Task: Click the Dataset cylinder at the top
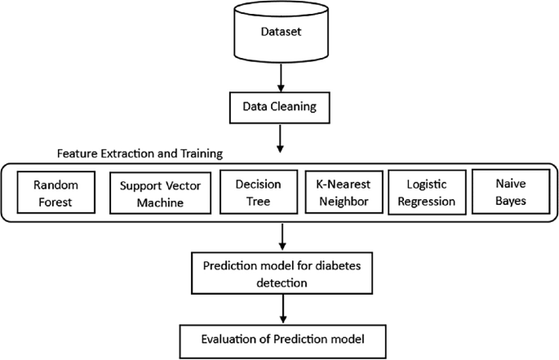[x=281, y=32]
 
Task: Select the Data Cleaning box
[x=281, y=106]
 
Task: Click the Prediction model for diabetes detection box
[x=281, y=272]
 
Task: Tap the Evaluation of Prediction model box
[x=281, y=336]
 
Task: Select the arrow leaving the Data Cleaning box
[x=281, y=137]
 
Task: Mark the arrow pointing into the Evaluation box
[x=281, y=309]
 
